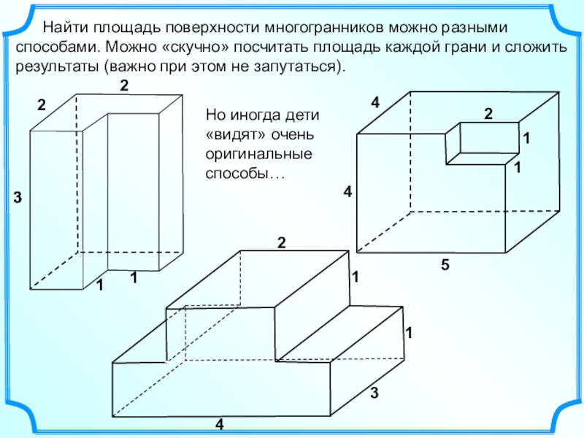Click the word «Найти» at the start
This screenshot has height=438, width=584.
[x=65, y=28]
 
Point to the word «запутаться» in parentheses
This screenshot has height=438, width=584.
[x=293, y=67]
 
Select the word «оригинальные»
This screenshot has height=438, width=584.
[x=259, y=154]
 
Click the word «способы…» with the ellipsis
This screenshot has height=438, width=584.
[x=245, y=174]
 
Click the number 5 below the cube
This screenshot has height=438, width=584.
[x=445, y=265]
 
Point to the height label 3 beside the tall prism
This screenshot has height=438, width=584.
[x=18, y=197]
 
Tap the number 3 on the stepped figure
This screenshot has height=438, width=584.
[x=374, y=393]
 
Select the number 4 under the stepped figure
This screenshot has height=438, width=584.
[x=220, y=424]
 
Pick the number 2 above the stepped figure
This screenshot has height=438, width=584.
[x=281, y=243]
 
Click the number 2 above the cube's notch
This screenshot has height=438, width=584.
[x=488, y=114]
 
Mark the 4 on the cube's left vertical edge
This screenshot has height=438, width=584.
[x=347, y=192]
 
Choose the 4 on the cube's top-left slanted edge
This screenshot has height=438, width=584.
[x=375, y=102]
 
